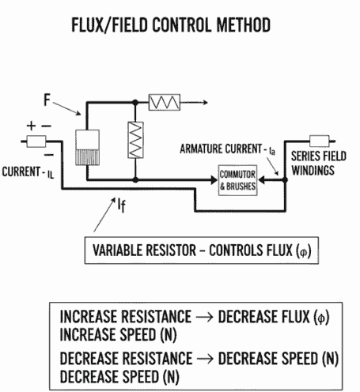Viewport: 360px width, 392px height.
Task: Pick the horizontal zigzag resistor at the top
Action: [167, 102]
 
